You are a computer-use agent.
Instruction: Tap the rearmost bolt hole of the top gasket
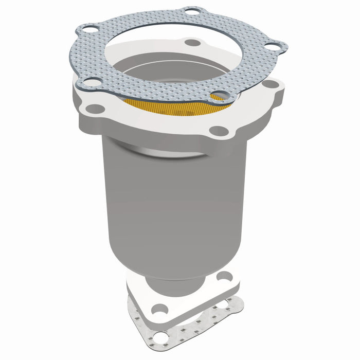pyautogui.click(x=191, y=11)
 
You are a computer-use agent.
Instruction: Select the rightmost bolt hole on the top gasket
pyautogui.click(x=272, y=46)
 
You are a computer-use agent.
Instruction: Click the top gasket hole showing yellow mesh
pyautogui.click(x=220, y=96)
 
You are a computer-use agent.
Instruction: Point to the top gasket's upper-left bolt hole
pyautogui.click(x=89, y=29)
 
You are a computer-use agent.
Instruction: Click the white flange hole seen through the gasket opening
pyautogui.click(x=192, y=43)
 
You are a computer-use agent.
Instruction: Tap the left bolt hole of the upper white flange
pyautogui.click(x=95, y=109)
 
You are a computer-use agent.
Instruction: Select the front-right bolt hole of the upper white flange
pyautogui.click(x=218, y=131)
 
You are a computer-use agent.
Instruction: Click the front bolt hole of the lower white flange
pyautogui.click(x=160, y=309)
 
